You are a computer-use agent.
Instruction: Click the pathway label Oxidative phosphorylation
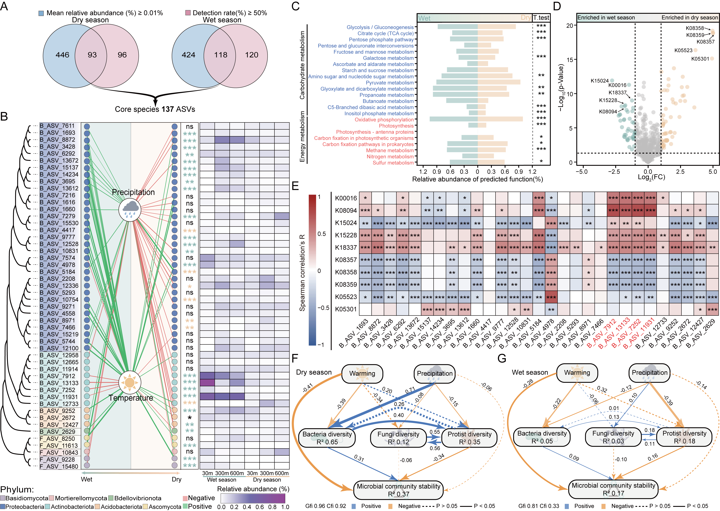click(x=384, y=120)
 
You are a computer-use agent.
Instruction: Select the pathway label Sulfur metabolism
click(x=393, y=163)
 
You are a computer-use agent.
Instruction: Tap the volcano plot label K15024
click(x=599, y=81)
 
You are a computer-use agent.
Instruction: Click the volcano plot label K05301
click(x=700, y=59)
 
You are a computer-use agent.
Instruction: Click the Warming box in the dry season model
click(x=362, y=373)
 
